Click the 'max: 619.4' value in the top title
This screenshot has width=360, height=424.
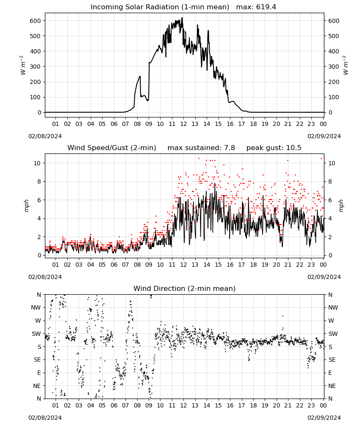(256, 7)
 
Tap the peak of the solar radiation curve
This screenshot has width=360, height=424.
(182, 17)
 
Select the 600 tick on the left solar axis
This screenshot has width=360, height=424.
(36, 21)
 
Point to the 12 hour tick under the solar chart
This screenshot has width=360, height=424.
(183, 124)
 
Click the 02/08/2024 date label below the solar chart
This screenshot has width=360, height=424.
(45, 136)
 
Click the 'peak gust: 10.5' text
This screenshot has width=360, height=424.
(274, 148)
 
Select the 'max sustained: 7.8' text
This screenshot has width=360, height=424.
(201, 148)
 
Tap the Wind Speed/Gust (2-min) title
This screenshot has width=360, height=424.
(111, 148)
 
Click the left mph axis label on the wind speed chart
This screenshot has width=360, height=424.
(26, 206)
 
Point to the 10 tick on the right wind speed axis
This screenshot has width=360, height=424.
(331, 163)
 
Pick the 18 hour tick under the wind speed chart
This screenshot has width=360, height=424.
(253, 265)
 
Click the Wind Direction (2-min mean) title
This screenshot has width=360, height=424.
(185, 288)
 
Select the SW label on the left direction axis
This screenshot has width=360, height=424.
(36, 334)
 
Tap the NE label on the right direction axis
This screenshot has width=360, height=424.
(332, 386)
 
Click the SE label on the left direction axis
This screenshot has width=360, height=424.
(37, 360)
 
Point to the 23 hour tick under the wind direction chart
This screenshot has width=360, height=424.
(311, 405)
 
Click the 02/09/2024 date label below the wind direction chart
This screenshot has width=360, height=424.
(324, 418)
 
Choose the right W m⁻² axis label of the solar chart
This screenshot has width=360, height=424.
(346, 65)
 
